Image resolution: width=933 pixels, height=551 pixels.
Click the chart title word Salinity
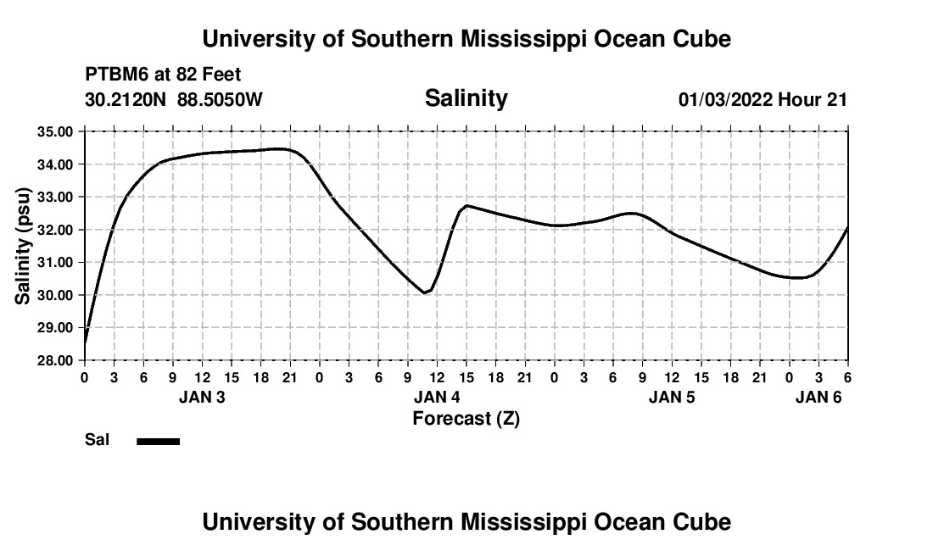[466, 98]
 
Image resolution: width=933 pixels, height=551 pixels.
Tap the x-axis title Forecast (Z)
[466, 419]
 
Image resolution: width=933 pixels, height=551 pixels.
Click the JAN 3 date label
[202, 398]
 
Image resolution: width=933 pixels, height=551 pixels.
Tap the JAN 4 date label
[437, 398]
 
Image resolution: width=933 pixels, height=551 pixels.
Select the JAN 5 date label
[672, 398]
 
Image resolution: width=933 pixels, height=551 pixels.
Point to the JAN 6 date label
[818, 398]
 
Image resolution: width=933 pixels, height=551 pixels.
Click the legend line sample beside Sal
[159, 441]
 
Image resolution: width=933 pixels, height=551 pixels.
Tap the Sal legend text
[96, 440]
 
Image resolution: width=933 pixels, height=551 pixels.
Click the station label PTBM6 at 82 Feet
[163, 75]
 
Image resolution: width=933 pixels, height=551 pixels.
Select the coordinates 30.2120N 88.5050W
[174, 100]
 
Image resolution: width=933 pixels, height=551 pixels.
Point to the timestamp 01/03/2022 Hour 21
[763, 100]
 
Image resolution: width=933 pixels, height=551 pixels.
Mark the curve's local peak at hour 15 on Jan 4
[466, 205]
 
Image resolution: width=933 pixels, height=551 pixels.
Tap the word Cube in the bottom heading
[706, 522]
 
